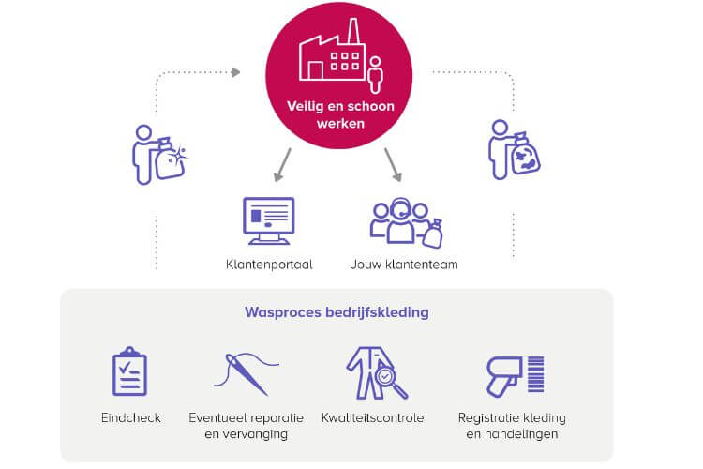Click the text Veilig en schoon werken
coord(340,114)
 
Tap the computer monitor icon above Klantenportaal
coord(268,221)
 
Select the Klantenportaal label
coord(269,265)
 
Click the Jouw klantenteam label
coord(404,265)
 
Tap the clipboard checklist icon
coord(129,371)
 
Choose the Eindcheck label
coord(129,417)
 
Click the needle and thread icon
coord(246,372)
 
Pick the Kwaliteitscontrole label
coord(372,417)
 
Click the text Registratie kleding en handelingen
coord(511,426)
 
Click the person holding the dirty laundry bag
coord(513,150)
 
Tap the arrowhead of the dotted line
coord(235,71)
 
